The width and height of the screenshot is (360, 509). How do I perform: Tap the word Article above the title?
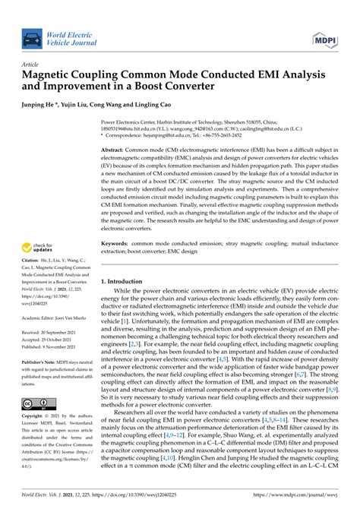[x=32, y=65]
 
